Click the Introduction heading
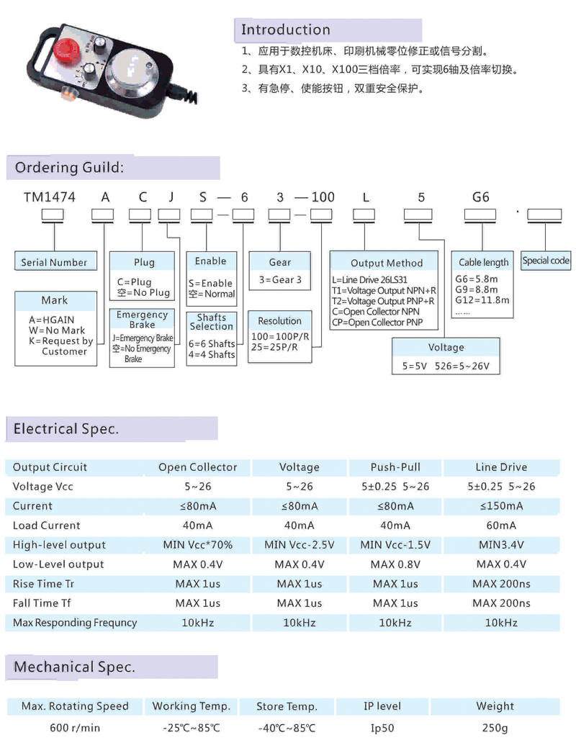[285, 30]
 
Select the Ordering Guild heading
[69, 168]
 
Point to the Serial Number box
[54, 262]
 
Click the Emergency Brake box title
[142, 320]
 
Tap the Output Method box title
[387, 263]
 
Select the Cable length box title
[482, 262]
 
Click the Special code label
[546, 261]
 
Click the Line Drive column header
[501, 467]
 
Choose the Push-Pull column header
[395, 467]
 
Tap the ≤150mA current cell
[501, 506]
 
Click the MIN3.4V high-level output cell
[501, 545]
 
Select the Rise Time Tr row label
[43, 584]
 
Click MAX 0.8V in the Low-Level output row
[395, 564]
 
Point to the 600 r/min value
[75, 728]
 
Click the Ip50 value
[382, 728]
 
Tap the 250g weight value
[495, 728]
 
